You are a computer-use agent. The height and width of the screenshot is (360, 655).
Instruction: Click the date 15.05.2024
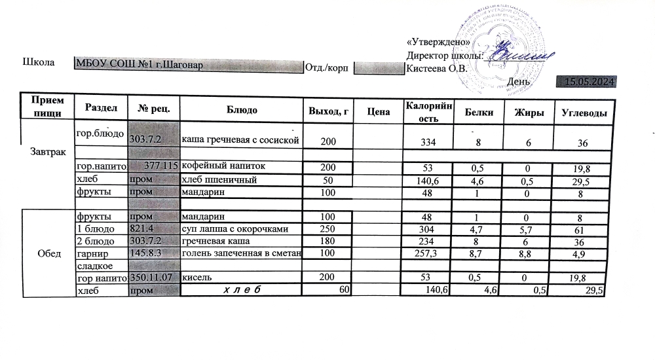589,82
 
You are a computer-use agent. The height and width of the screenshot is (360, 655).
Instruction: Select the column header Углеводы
584,113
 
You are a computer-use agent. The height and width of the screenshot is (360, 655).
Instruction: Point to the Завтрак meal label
48,151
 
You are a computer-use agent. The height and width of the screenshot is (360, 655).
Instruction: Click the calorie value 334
427,142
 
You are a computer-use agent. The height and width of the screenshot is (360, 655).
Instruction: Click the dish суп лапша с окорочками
234,228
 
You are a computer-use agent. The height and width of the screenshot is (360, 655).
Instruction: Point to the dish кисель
196,278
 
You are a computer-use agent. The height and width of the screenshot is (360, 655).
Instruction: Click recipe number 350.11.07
153,278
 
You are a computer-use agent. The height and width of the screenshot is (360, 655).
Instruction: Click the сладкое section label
95,266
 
